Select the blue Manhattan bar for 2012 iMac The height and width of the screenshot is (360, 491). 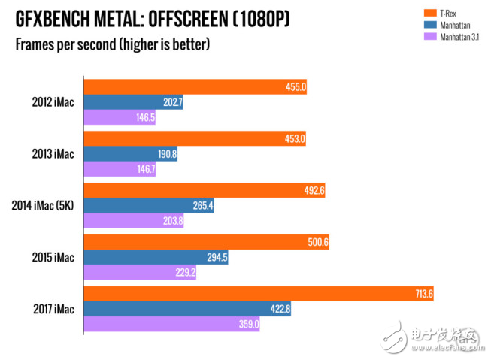[x=133, y=102]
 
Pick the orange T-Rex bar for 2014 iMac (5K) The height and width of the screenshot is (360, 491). [x=204, y=190]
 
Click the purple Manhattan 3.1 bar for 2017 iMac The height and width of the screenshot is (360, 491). [x=172, y=325]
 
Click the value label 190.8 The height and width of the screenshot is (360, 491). [x=167, y=154]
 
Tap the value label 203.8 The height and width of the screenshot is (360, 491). [x=172, y=222]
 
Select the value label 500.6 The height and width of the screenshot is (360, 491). [x=319, y=242]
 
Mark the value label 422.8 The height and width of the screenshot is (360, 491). [x=280, y=309]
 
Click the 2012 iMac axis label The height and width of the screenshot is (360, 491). [x=53, y=102]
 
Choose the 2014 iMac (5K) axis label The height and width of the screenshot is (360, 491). [x=43, y=205]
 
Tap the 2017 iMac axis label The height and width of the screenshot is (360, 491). [x=53, y=309]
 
